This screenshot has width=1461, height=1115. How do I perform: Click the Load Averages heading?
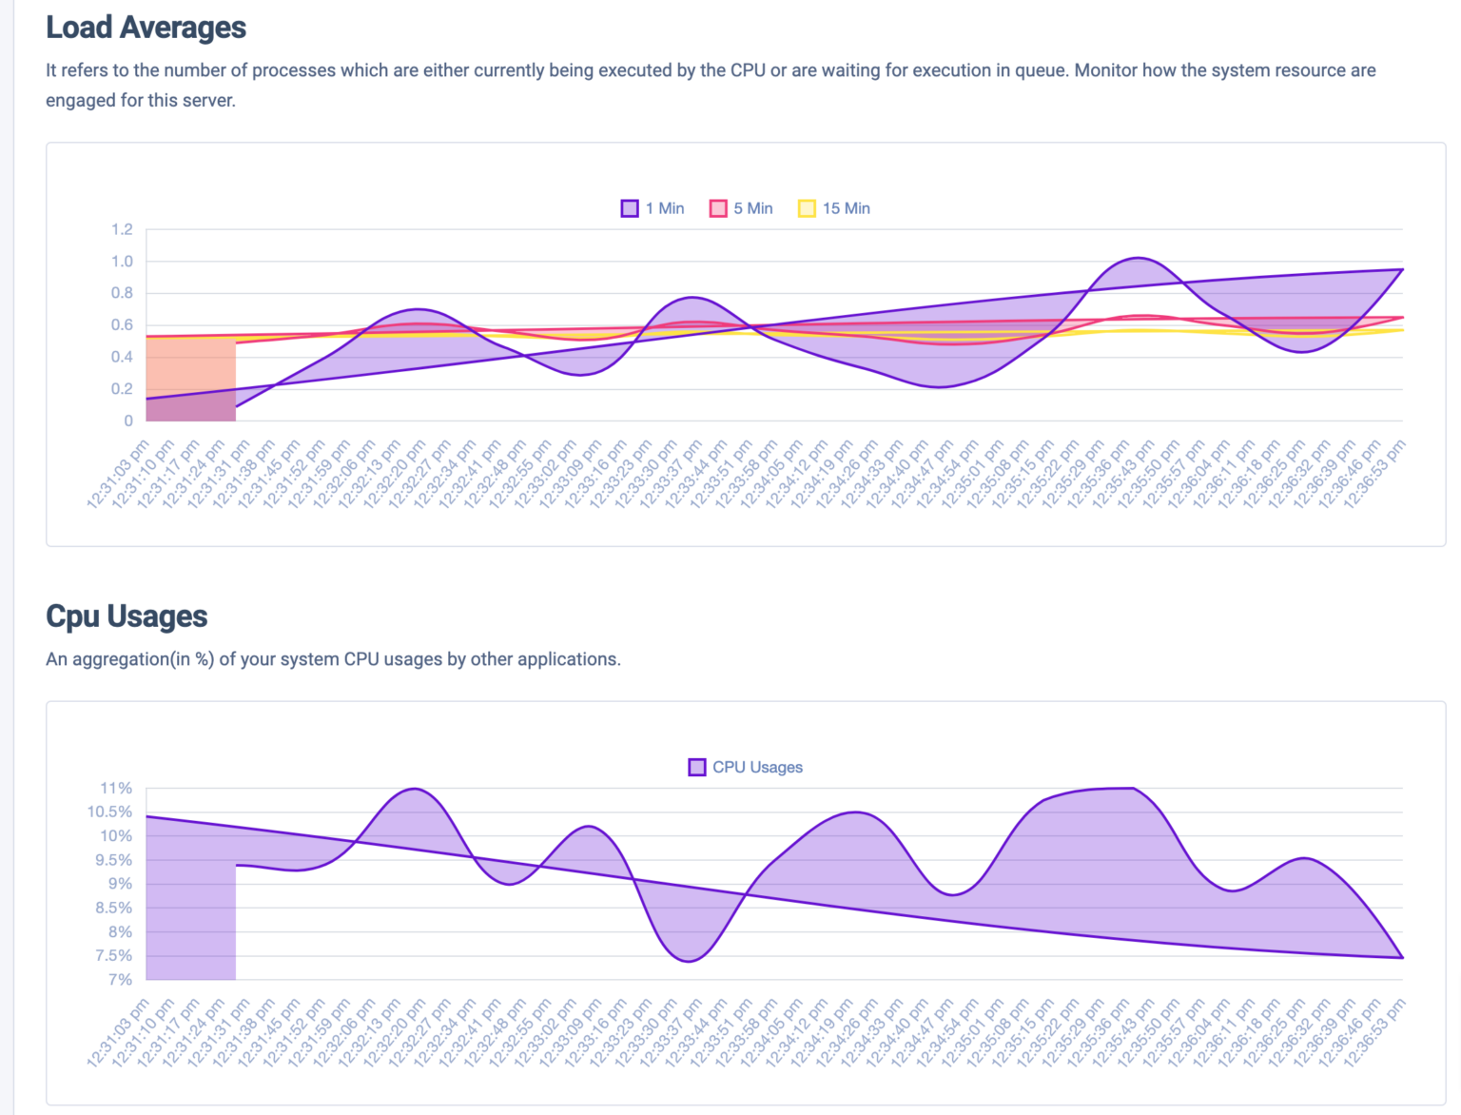pos(146,28)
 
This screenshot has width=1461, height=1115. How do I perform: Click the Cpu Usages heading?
pos(127,616)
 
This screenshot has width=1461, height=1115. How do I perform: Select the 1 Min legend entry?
pos(653,208)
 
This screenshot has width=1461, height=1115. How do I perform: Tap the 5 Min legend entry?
pos(741,208)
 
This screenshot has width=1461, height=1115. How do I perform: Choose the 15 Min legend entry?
pos(834,208)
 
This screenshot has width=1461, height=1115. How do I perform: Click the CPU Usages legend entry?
pos(746,767)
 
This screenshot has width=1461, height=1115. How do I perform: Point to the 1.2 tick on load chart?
pos(122,229)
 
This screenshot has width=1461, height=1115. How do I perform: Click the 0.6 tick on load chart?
pos(122,324)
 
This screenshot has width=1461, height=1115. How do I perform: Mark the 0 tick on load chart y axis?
pos(128,421)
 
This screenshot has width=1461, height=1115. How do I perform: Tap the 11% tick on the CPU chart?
pos(116,788)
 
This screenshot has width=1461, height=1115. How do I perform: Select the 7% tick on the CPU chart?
pos(120,979)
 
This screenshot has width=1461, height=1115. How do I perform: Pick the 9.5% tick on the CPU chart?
pos(113,859)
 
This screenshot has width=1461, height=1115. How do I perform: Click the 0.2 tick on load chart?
pos(122,388)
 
